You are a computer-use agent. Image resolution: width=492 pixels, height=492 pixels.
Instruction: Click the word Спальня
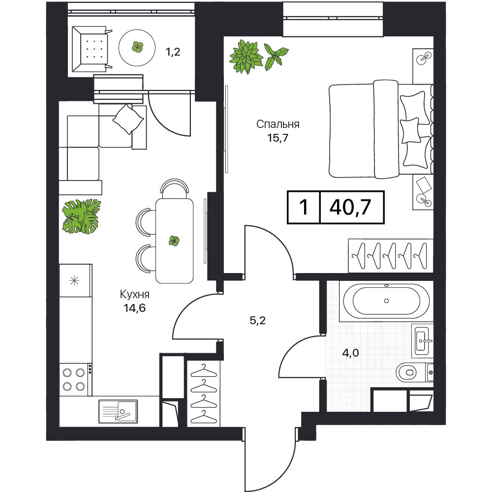point(277,124)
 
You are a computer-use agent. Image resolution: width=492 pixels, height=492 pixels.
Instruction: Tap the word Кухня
point(135,294)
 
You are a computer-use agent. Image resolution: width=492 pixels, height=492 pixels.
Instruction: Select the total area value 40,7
point(350,207)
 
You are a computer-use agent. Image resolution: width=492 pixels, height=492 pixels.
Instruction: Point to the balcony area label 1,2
point(173,52)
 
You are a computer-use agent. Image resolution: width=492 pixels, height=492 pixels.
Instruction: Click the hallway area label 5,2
point(258,320)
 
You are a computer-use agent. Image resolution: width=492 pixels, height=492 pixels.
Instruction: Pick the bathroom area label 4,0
point(350,353)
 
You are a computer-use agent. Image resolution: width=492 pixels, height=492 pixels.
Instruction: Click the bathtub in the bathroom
point(386,301)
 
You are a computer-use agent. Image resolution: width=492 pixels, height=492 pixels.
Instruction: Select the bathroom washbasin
point(422,341)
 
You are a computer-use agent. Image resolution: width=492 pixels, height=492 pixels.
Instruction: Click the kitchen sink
point(118,411)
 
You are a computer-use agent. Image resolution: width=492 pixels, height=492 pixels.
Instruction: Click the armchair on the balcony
point(91,49)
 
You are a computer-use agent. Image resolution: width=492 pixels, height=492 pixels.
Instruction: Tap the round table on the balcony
point(137,48)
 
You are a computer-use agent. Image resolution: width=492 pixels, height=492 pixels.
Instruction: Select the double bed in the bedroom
point(381,128)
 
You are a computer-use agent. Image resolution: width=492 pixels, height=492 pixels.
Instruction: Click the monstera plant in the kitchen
point(82,216)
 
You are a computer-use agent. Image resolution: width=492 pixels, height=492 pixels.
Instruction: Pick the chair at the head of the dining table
point(175,187)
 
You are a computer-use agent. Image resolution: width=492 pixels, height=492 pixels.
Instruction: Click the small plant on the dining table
point(174,241)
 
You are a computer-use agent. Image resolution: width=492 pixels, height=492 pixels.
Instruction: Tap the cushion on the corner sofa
point(128,120)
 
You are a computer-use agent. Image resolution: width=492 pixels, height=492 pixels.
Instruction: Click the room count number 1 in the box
point(304,207)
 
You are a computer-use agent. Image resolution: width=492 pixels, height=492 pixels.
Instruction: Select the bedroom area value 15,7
point(277,138)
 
